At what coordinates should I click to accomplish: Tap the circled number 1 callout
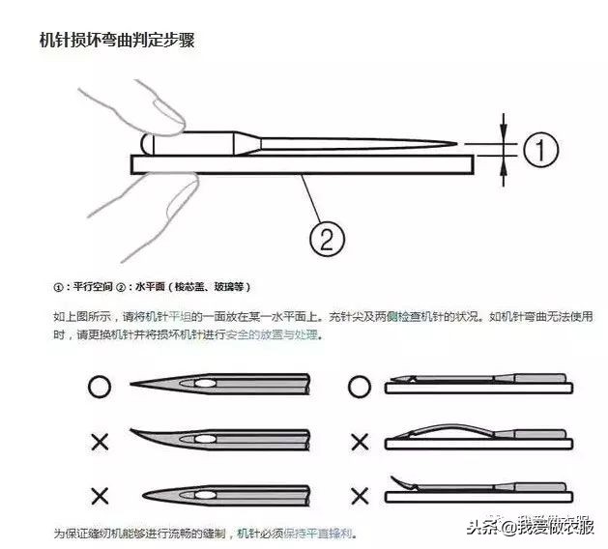point(542,149)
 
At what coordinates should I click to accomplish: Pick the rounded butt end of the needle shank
point(147,143)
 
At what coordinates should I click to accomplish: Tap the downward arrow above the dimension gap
point(504,127)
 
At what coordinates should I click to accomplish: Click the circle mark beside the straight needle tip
point(99,387)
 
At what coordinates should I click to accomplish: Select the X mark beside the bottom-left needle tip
point(99,495)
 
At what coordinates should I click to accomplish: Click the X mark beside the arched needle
point(360,442)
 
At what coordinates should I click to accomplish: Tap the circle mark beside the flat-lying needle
point(360,387)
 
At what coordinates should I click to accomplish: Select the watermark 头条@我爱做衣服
point(529,527)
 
